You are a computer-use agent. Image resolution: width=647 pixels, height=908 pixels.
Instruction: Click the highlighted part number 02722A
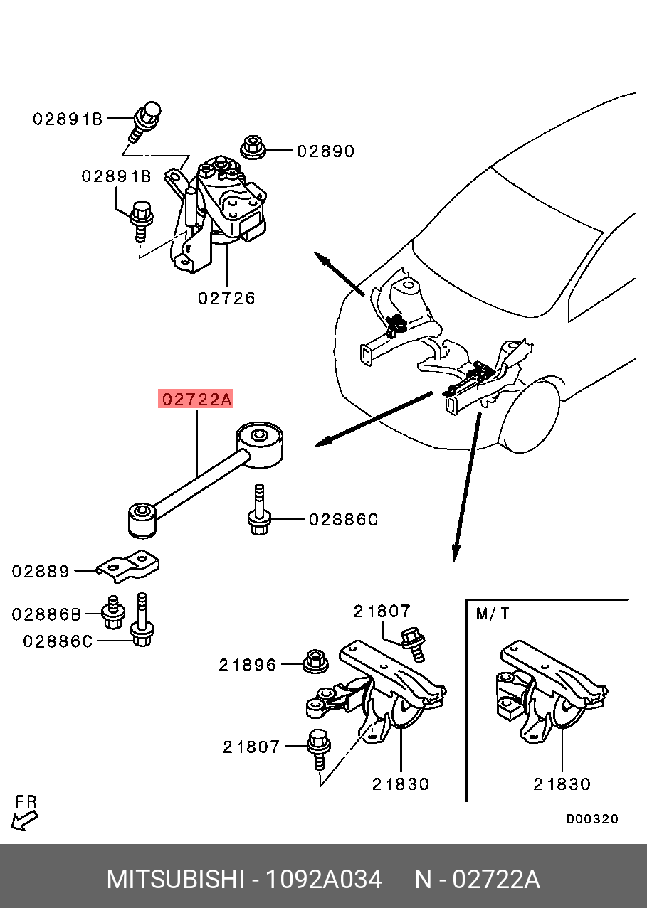(x=196, y=400)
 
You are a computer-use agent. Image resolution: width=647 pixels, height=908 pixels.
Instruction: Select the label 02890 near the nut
(x=325, y=151)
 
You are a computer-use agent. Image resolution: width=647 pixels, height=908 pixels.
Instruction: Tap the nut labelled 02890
(x=252, y=147)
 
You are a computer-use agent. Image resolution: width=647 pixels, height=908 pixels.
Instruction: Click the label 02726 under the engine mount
(x=226, y=297)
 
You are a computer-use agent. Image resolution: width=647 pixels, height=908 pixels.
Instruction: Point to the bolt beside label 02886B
(x=111, y=613)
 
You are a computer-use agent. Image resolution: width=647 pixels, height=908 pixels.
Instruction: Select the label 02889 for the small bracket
(x=41, y=571)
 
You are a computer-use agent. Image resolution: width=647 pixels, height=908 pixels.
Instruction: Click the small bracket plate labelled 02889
(x=129, y=567)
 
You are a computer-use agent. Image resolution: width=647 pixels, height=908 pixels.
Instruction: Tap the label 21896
(x=247, y=665)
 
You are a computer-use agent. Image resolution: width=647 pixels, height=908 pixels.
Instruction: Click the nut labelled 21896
(x=315, y=661)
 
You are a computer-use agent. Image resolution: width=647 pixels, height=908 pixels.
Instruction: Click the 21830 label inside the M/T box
(x=562, y=784)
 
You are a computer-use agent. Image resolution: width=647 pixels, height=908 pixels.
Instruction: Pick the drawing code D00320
(x=592, y=818)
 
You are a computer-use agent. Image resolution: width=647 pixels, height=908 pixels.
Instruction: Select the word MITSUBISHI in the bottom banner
(x=175, y=880)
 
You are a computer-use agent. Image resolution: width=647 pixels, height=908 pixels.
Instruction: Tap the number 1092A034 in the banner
(x=323, y=880)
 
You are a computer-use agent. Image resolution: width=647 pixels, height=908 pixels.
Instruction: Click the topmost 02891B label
(x=68, y=119)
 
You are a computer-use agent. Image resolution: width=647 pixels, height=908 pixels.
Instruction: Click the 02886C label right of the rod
(x=342, y=520)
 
